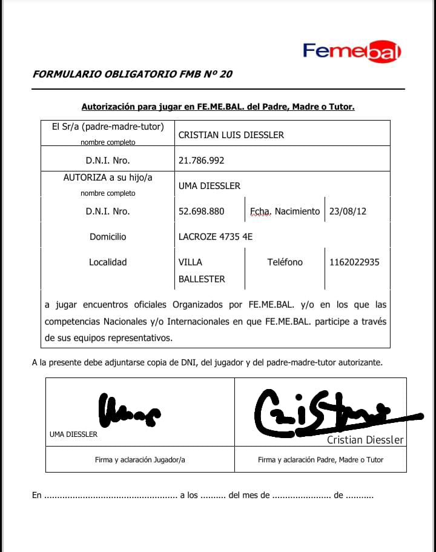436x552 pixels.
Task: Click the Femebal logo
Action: tap(352, 51)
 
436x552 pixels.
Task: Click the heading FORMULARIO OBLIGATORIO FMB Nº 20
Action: tap(132, 75)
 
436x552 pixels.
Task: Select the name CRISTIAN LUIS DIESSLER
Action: tap(231, 135)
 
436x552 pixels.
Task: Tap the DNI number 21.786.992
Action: tap(201, 161)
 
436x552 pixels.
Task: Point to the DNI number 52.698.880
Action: tap(201, 211)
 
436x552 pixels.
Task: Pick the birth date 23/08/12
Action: tap(348, 211)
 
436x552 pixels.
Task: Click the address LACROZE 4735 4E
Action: tap(215, 237)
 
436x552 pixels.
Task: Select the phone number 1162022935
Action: tap(354, 262)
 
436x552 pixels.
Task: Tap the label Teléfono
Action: tap(285, 262)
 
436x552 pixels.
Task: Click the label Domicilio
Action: tap(108, 237)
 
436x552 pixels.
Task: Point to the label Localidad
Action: tap(108, 262)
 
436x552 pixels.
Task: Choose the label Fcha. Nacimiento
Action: tap(285, 211)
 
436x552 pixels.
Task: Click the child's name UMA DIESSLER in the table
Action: tap(209, 186)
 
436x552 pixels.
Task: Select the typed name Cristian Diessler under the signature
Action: tap(365, 440)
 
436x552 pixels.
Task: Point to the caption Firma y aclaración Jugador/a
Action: tap(140, 460)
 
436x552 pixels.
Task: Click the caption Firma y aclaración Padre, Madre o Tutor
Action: tap(320, 460)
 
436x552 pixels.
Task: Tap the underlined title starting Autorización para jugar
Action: tap(218, 107)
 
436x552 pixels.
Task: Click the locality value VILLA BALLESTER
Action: tap(201, 271)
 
